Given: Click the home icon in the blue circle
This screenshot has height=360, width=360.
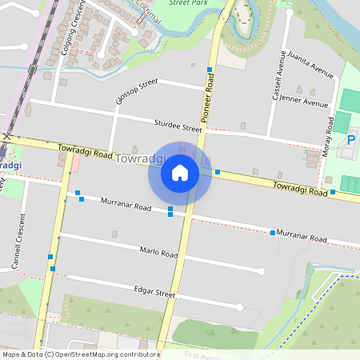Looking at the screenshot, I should pyautogui.click(x=179, y=172).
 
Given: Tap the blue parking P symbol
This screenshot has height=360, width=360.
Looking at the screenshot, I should pyautogui.click(x=350, y=141).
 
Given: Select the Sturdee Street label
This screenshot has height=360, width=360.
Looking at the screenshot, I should pyautogui.click(x=178, y=125).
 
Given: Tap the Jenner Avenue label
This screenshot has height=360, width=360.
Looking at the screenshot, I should pyautogui.click(x=306, y=102).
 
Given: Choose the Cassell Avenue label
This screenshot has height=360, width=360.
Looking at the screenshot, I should pyautogui.click(x=280, y=77).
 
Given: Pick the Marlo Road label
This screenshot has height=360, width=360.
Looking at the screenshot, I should pyautogui.click(x=158, y=252).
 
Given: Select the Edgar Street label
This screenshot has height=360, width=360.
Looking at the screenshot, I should pyautogui.click(x=154, y=293).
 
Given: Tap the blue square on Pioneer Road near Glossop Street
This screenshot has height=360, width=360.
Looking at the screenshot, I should pyautogui.click(x=210, y=70).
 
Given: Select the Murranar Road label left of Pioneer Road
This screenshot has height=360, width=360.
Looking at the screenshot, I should pyautogui.click(x=126, y=206).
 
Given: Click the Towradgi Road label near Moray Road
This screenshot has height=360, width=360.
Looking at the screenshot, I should pyautogui.click(x=300, y=188).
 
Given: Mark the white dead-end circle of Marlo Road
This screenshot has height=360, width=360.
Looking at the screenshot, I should pyautogui.click(x=261, y=271).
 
